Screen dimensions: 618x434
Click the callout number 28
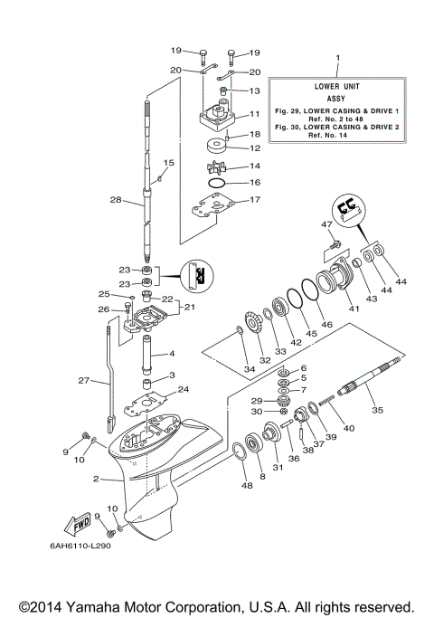[115, 200]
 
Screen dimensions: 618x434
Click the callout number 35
[378, 410]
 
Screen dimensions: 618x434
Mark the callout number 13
[254, 91]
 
